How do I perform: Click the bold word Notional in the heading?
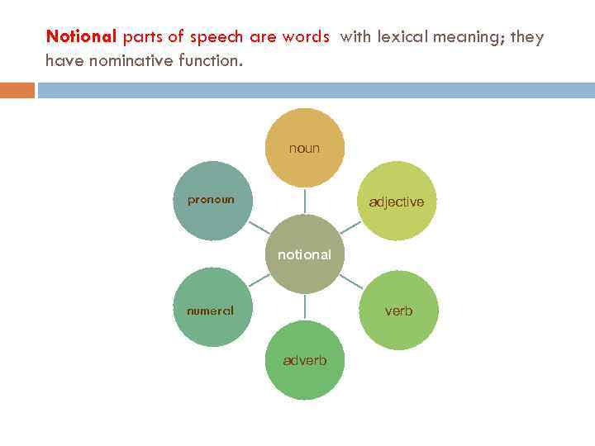coord(82,37)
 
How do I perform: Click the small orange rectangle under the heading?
coord(17,90)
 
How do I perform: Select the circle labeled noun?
coord(304,148)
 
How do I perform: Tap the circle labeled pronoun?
coord(212,200)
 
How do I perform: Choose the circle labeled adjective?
coord(397,201)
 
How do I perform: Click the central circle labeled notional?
coord(304,254)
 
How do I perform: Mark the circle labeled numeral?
coord(212,310)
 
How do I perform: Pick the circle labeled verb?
coord(397,310)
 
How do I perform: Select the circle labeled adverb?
coord(304,361)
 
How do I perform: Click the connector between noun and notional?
coord(304,202)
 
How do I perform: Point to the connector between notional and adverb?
coord(304,306)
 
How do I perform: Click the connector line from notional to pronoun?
coord(259,227)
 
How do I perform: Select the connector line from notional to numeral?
coord(259,282)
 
